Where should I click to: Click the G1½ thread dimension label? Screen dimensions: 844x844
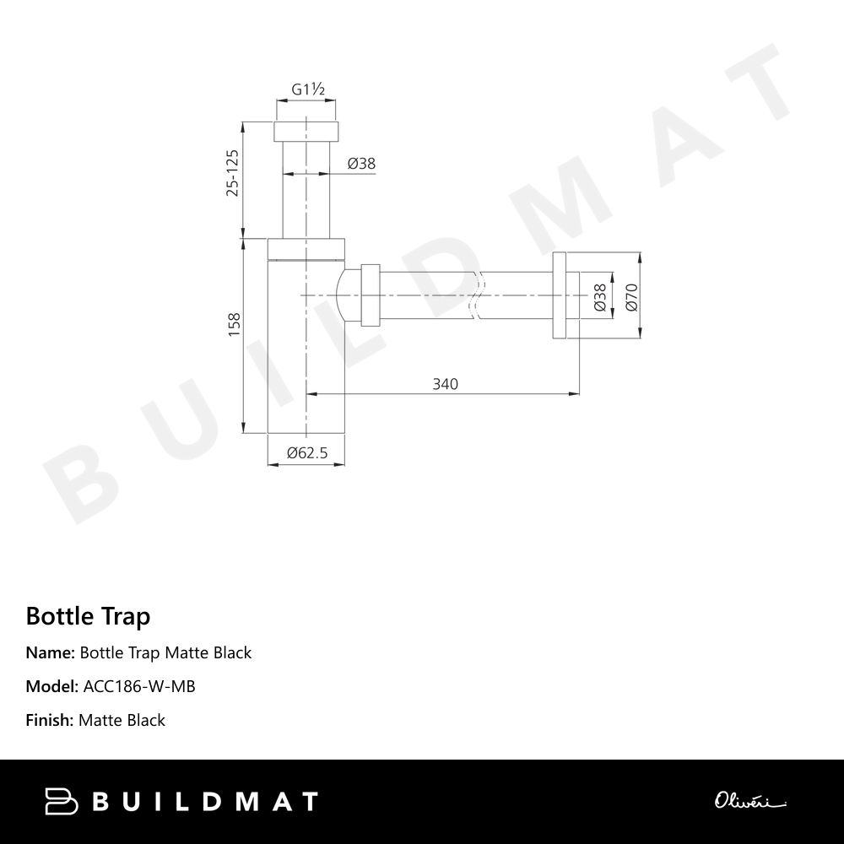[x=308, y=89]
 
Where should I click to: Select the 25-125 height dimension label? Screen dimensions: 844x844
[x=233, y=173]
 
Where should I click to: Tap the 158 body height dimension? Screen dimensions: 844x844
[x=234, y=324]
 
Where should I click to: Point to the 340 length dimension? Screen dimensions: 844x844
[x=445, y=384]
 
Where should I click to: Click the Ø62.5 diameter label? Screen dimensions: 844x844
[x=307, y=453]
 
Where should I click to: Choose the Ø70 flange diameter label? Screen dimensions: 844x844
[x=630, y=297]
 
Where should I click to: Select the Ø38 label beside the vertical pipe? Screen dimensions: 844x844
[x=360, y=164]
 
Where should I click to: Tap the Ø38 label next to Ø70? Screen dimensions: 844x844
[x=599, y=297]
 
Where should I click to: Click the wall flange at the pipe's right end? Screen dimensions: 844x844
[x=560, y=295]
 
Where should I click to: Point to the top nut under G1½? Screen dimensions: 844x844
[x=307, y=132]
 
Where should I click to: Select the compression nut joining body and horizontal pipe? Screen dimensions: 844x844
[x=370, y=295]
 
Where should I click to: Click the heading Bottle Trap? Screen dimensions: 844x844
[x=88, y=616]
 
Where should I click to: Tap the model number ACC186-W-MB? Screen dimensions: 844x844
[x=139, y=686]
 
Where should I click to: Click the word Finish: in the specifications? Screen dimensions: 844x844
[x=50, y=720]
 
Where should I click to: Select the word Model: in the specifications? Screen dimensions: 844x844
[x=52, y=686]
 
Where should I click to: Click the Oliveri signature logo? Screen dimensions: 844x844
[x=749, y=800]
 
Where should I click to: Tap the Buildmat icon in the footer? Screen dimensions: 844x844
[x=62, y=801]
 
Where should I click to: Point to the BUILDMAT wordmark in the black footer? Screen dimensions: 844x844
[x=205, y=801]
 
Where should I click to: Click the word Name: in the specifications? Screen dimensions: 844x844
[x=51, y=652]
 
